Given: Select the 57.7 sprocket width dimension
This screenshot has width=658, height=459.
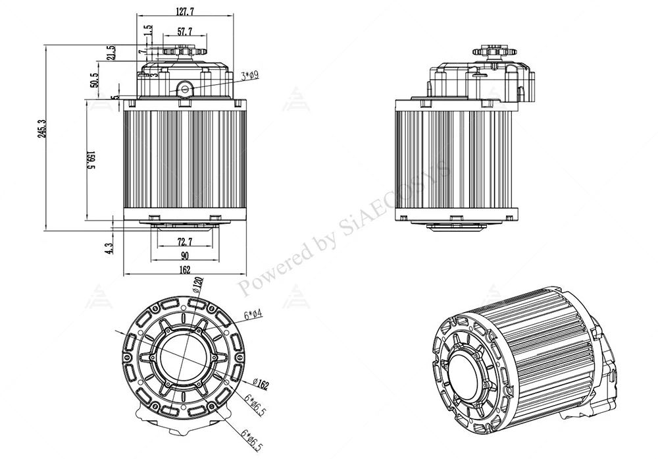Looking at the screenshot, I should [x=185, y=31].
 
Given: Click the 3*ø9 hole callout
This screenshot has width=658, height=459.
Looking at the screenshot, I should [x=249, y=76].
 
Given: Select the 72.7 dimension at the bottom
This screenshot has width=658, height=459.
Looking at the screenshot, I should [x=185, y=242].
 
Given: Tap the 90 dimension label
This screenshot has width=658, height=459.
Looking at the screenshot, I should [x=185, y=256].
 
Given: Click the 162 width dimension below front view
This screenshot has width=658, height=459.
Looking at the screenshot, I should [x=185, y=269].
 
